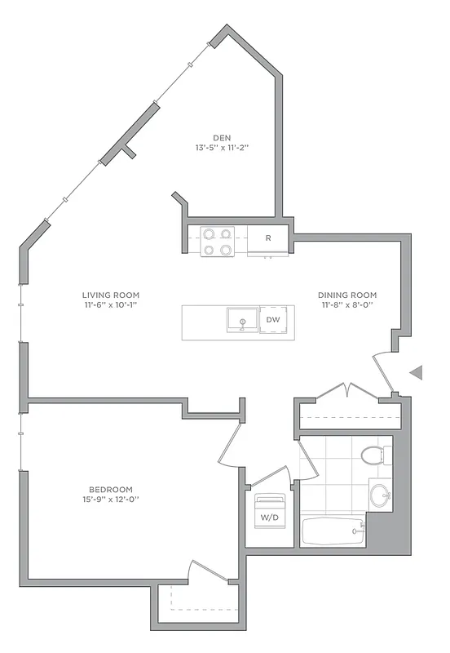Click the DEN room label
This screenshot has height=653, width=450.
pos(220,137)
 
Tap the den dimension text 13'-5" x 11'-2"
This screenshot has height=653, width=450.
pos(220,149)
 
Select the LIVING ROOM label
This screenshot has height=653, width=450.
pos(110,295)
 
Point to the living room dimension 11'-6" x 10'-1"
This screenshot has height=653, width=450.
pos(110,306)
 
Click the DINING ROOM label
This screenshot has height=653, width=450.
pos(348,295)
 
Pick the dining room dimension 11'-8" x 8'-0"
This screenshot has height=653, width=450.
pos(348,306)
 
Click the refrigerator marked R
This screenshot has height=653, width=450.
pos(268,238)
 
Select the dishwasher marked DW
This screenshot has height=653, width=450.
pos(271,321)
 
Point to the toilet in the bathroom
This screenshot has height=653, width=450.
pos(373,455)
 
